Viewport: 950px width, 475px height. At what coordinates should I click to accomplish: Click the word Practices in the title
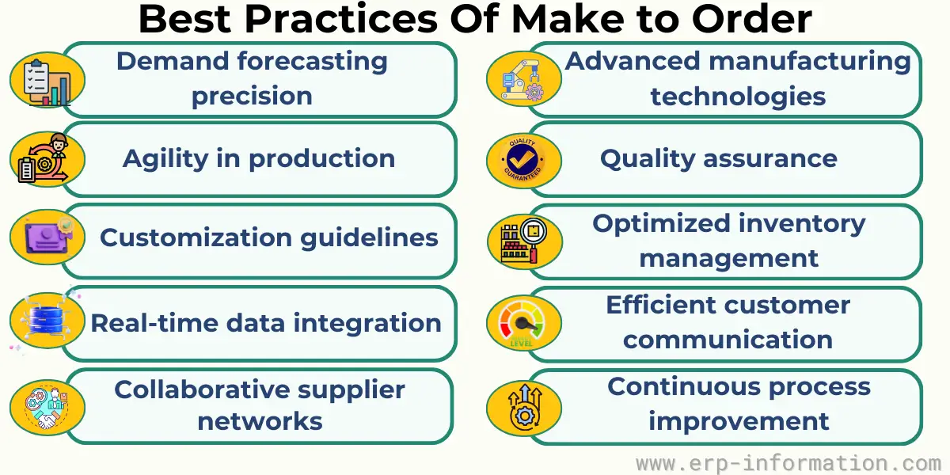341,20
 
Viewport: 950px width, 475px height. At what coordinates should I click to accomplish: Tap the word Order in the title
751,20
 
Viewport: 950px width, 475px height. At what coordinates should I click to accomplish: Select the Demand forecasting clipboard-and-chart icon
47,82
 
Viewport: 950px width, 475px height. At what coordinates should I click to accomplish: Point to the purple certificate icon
48,237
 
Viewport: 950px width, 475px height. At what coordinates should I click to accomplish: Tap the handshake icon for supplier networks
47,408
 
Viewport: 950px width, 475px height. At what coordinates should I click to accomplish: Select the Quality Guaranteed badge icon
523,160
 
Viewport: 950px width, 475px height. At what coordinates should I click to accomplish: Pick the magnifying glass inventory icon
524,241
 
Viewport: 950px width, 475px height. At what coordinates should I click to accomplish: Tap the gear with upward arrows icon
525,407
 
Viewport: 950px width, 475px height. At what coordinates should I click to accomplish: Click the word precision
252,97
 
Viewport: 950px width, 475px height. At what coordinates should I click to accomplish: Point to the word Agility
165,159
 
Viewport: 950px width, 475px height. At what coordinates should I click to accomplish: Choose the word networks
260,421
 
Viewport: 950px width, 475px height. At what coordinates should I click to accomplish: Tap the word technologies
738,97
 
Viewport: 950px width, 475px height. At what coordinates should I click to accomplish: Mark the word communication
728,340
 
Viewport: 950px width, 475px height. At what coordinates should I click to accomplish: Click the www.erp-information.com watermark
788,463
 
